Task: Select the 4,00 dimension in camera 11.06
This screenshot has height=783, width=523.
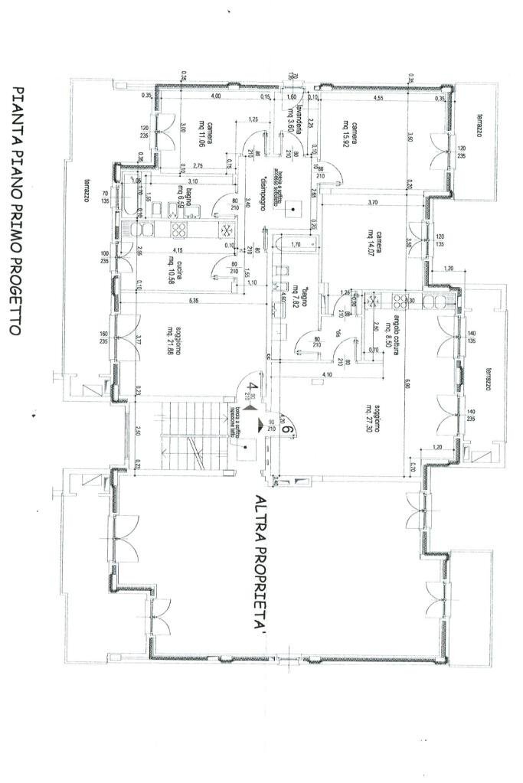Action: (x=216, y=97)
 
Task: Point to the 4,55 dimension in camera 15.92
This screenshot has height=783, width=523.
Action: (x=378, y=97)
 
